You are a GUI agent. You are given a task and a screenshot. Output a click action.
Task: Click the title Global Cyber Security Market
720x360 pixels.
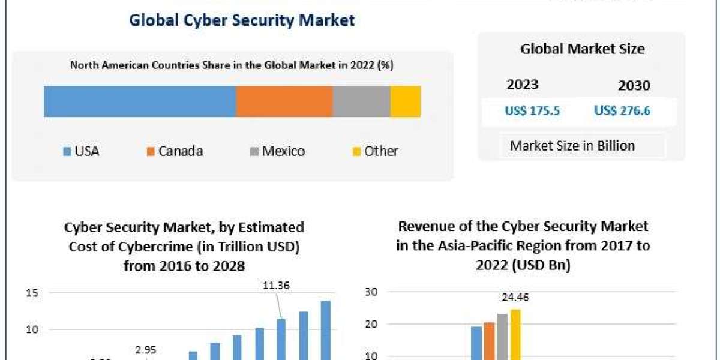click(x=242, y=20)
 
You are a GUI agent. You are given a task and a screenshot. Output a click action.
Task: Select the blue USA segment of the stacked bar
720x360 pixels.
click(x=140, y=101)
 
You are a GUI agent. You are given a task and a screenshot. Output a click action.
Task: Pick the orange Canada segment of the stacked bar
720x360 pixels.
click(x=284, y=101)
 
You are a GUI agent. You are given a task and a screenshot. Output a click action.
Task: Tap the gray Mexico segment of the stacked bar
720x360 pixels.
click(x=361, y=101)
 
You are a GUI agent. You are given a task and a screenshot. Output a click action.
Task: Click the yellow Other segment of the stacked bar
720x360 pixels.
click(x=405, y=101)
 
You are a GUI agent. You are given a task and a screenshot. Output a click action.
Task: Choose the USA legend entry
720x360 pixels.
click(x=81, y=151)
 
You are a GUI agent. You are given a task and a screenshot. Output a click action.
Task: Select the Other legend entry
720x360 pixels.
click(x=374, y=151)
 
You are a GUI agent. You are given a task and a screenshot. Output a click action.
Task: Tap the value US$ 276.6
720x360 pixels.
click(x=622, y=110)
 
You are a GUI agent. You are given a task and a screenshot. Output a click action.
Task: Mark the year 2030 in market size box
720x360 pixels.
click(x=634, y=86)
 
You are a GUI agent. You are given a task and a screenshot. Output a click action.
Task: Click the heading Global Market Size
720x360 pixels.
click(x=582, y=49)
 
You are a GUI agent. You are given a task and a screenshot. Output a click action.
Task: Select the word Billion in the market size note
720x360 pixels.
click(x=616, y=145)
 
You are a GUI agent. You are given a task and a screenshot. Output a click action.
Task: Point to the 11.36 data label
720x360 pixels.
click(x=276, y=286)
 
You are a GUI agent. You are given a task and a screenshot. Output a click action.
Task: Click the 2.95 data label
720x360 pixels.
click(x=146, y=350)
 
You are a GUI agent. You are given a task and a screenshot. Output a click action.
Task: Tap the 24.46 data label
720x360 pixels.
click(x=515, y=297)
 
